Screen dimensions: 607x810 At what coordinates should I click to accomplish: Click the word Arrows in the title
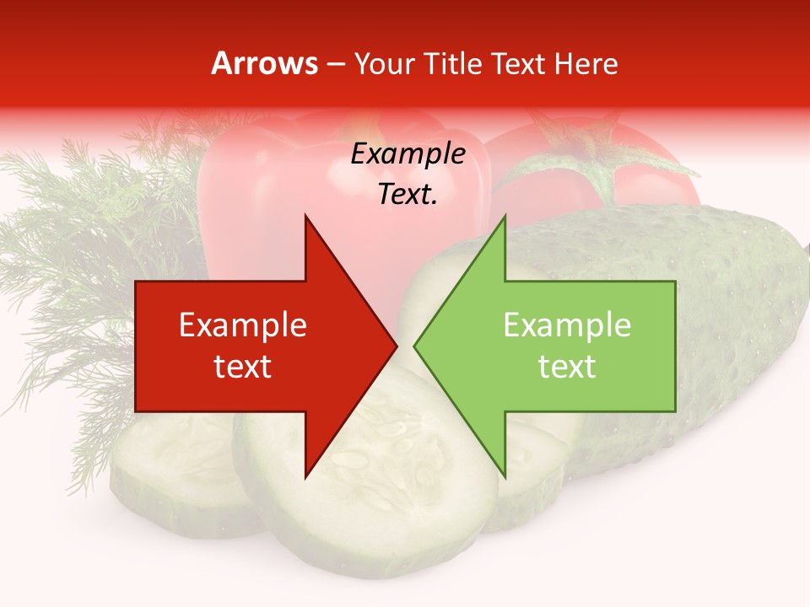tap(265, 63)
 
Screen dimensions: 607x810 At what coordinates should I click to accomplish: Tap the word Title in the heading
tap(447, 63)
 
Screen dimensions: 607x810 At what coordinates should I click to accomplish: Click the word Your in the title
tap(385, 63)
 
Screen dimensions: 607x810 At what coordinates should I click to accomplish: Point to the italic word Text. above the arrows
tap(408, 195)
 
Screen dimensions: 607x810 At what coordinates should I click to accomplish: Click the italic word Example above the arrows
tap(408, 154)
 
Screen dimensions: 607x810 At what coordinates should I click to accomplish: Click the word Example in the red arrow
tap(243, 325)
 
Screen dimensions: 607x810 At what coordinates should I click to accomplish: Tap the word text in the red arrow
tap(243, 366)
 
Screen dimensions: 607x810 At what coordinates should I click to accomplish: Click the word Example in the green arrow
tap(567, 325)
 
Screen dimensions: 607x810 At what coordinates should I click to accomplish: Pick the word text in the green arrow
tap(567, 366)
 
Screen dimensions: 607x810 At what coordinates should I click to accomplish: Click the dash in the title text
tap(336, 64)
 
